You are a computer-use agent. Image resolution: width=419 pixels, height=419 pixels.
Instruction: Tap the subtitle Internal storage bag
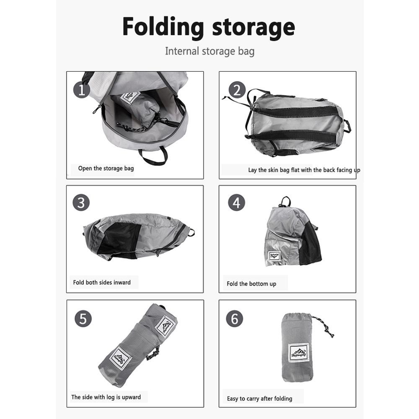pos(209,52)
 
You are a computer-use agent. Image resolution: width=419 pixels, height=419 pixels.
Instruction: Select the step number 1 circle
pos(82,90)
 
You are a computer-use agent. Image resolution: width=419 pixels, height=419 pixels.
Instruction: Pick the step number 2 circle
pos(237,90)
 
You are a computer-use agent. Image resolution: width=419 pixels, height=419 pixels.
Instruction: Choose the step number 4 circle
pos(236,203)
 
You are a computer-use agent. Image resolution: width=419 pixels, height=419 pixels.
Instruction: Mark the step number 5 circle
pos(83,319)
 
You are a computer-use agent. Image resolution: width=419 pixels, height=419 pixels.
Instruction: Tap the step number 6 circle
pos(235,319)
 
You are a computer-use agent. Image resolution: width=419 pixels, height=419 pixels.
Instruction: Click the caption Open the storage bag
pos(106,168)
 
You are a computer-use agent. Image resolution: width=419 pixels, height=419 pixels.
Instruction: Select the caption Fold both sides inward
pos(102,282)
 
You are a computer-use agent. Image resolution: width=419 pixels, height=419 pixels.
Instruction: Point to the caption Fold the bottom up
pos(251,284)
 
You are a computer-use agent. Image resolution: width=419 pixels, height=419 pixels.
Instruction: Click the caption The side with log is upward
pos(106,397)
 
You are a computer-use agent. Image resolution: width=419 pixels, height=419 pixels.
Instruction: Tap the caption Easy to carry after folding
pos(259,398)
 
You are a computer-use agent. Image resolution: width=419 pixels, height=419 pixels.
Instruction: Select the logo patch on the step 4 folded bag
pos(274,256)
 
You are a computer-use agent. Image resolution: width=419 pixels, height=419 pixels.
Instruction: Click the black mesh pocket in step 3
pos(121,238)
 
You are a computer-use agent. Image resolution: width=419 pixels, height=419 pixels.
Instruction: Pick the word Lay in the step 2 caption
pos(252,170)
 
